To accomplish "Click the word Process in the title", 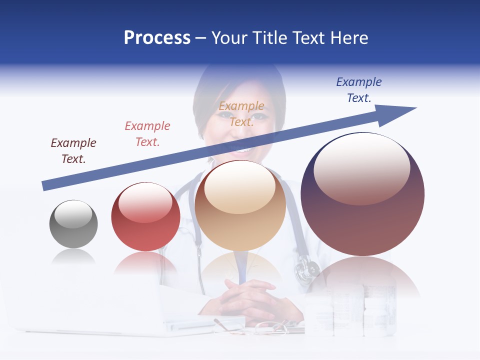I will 157,38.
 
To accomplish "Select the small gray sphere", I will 73,224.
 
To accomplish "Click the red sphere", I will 145,217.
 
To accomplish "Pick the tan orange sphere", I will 240,205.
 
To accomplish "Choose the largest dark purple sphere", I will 362,194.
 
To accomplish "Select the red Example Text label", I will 147,134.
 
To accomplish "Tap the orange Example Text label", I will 241,113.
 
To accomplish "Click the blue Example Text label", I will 358,90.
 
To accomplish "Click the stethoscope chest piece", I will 306,270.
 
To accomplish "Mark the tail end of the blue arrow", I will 45,185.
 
